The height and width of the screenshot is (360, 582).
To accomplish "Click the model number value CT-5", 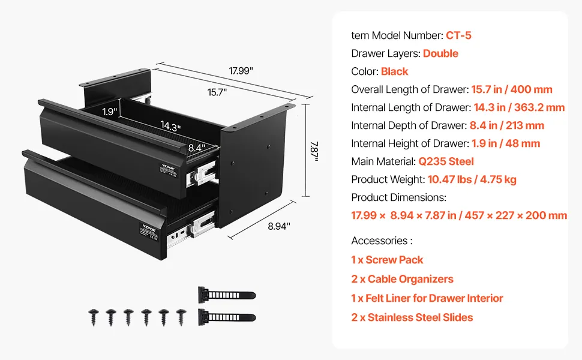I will pyautogui.click(x=458, y=35).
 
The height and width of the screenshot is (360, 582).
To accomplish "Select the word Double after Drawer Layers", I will pyautogui.click(x=440, y=53).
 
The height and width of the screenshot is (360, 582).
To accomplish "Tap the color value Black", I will pyautogui.click(x=394, y=71).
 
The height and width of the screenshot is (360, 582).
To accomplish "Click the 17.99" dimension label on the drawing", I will pyautogui.click(x=241, y=71).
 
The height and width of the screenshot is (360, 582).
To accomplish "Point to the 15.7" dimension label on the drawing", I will pyautogui.click(x=217, y=92).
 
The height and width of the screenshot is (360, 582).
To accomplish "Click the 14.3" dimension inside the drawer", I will pyautogui.click(x=170, y=126).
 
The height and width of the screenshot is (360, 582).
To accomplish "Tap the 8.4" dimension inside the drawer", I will pyautogui.click(x=196, y=146).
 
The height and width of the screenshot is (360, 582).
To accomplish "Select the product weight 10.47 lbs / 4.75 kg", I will pyautogui.click(x=472, y=179).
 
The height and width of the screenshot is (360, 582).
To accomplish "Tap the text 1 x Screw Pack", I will pyautogui.click(x=387, y=260).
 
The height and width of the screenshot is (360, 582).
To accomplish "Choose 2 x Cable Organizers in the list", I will pyautogui.click(x=402, y=279).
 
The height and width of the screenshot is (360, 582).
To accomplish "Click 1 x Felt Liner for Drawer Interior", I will pyautogui.click(x=427, y=298).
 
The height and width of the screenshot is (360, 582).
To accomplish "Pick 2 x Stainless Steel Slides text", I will pyautogui.click(x=412, y=317).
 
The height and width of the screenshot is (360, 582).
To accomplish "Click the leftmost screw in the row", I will pyautogui.click(x=94, y=316).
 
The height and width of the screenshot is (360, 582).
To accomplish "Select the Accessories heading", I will pyautogui.click(x=382, y=241).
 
